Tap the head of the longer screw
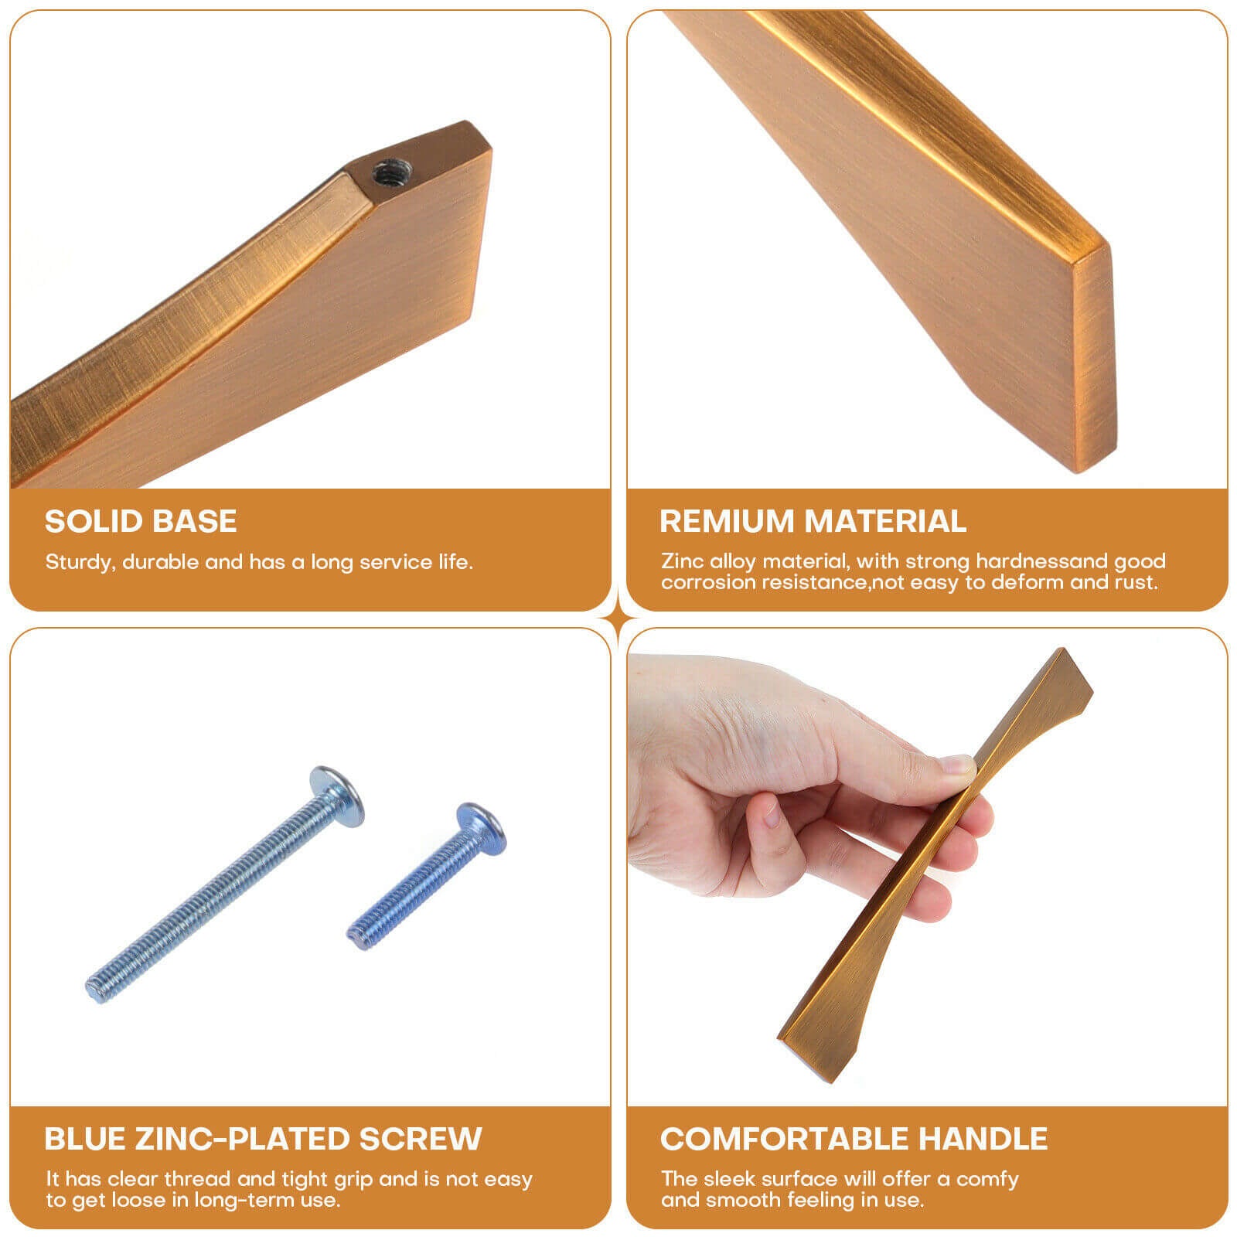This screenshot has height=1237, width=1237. (337, 796)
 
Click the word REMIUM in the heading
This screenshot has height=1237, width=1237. (727, 521)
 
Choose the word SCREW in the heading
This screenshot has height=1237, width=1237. (420, 1139)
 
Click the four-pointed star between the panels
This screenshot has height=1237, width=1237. (618, 618)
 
